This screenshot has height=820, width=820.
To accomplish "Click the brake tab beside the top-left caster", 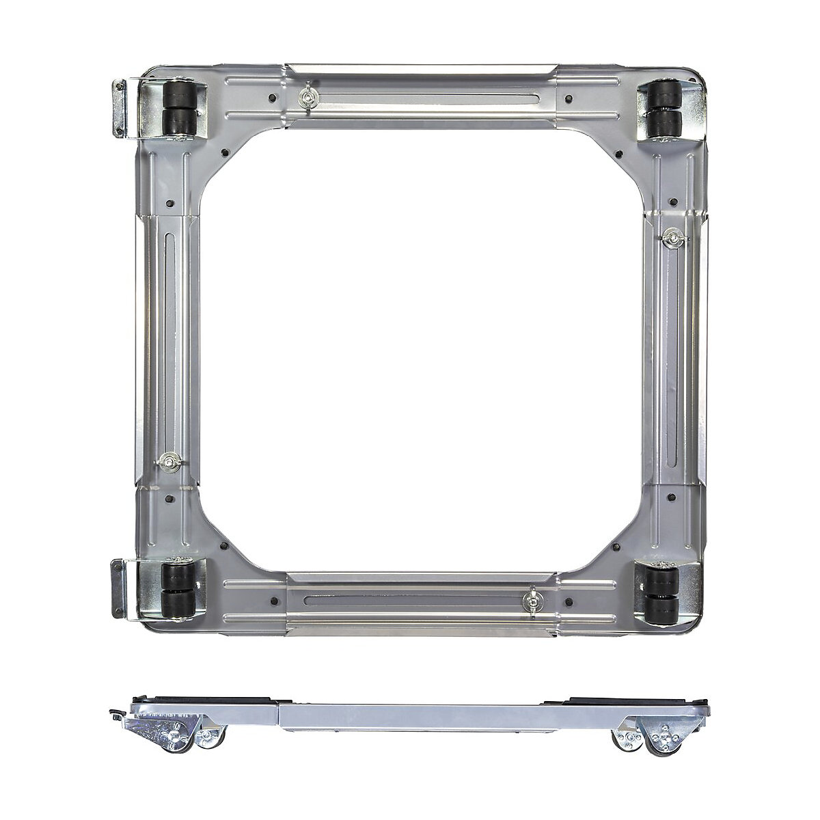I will [120, 107].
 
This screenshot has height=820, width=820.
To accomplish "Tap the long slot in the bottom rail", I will [410, 601].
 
